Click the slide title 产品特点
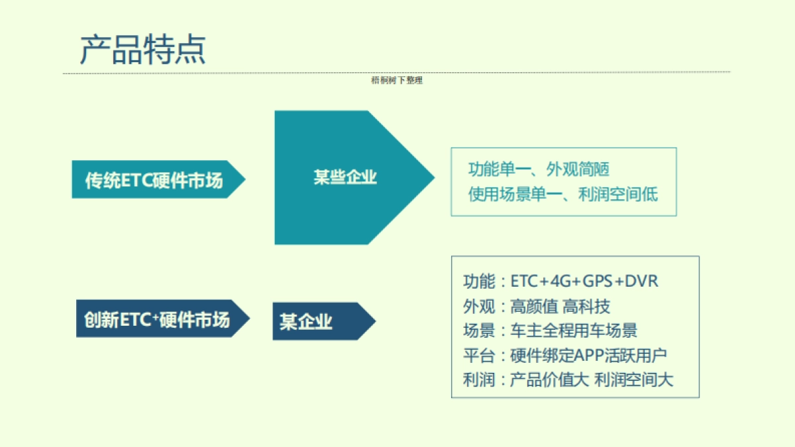pyautogui.click(x=142, y=49)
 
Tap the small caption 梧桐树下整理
pyautogui.click(x=397, y=81)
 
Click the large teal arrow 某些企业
pyautogui.click(x=345, y=177)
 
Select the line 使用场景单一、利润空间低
pyautogui.click(x=562, y=195)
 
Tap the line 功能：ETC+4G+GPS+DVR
pyautogui.click(x=560, y=281)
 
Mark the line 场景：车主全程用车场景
pyautogui.click(x=550, y=330)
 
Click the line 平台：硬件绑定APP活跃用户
pyautogui.click(x=569, y=356)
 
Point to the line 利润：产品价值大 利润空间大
pyautogui.click(x=568, y=380)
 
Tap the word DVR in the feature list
pyautogui.click(x=642, y=281)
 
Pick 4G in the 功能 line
pyautogui.click(x=563, y=281)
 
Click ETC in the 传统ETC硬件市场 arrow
pyautogui.click(x=136, y=180)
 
